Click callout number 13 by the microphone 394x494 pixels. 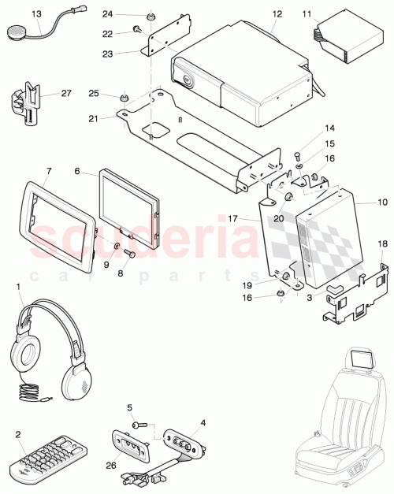(37, 14)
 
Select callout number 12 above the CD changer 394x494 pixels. (277, 14)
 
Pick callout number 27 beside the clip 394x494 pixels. (65, 94)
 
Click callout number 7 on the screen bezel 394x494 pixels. (49, 170)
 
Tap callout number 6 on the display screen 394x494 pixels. (77, 170)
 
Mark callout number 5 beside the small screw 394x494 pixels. (129, 407)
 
